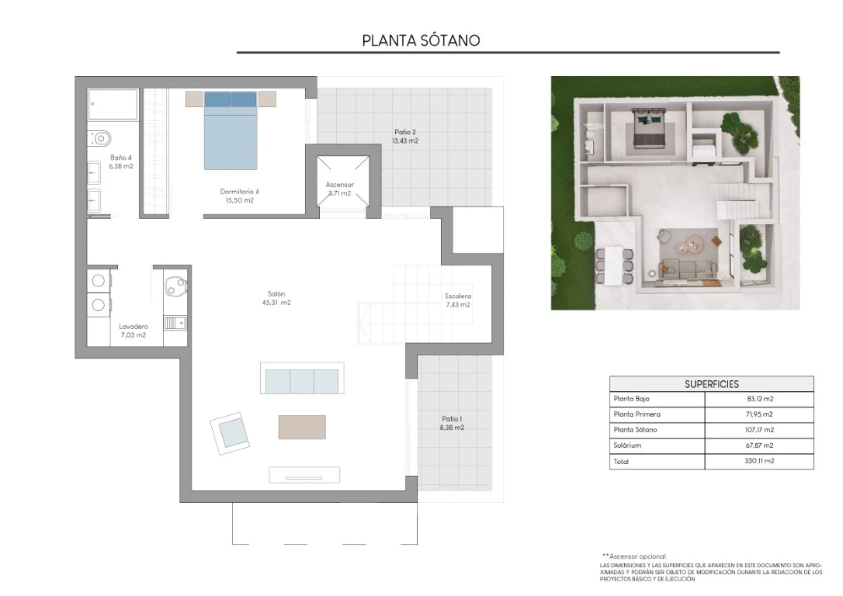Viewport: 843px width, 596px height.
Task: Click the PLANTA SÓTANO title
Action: tap(421, 40)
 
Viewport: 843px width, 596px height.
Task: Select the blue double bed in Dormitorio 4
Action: tap(230, 130)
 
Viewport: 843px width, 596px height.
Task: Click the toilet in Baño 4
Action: tap(100, 139)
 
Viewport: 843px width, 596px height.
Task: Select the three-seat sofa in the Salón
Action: tap(302, 379)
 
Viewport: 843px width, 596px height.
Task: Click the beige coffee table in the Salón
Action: tap(302, 427)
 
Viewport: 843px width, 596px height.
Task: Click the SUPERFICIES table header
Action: tap(711, 384)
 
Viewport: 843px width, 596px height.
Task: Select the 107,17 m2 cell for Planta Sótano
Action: tap(760, 430)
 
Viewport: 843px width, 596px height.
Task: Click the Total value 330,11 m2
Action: tap(760, 461)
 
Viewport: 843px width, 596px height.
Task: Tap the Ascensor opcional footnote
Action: tap(634, 556)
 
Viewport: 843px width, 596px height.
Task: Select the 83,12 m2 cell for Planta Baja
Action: tap(760, 399)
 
